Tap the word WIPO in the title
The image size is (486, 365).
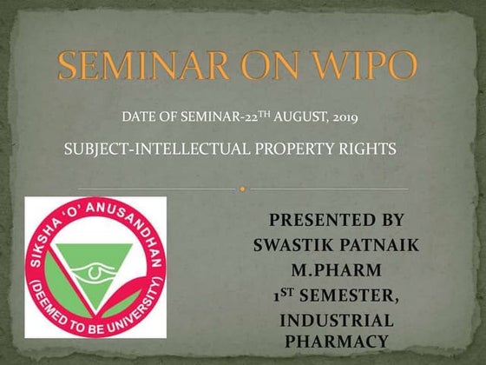click(x=362, y=67)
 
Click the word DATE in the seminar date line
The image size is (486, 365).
click(x=138, y=116)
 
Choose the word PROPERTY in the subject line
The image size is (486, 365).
click(x=287, y=149)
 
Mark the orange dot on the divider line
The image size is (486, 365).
click(x=243, y=188)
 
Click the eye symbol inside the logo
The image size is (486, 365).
click(x=95, y=275)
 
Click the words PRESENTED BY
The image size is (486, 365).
click(x=336, y=221)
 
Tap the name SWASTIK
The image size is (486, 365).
click(x=293, y=246)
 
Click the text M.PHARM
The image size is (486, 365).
click(x=336, y=271)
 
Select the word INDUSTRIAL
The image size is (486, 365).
click(x=336, y=322)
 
